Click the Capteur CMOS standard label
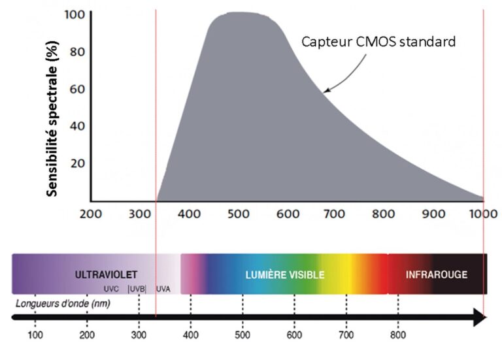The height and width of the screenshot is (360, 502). (x=378, y=41)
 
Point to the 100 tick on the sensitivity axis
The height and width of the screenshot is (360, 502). (x=75, y=14)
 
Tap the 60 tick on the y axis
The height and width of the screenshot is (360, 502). (x=77, y=89)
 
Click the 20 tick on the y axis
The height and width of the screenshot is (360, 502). (x=77, y=163)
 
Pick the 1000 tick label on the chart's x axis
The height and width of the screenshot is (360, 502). (x=483, y=213)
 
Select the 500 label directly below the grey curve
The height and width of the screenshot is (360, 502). (x=239, y=213)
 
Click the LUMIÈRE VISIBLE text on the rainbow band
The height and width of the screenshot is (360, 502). (x=284, y=274)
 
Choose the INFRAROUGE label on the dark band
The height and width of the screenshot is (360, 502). (x=436, y=274)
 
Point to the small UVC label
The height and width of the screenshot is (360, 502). (x=111, y=288)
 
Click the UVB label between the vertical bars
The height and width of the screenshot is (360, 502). (x=137, y=288)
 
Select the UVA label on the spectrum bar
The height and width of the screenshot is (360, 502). (x=163, y=288)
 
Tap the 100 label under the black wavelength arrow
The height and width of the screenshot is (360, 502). (x=35, y=335)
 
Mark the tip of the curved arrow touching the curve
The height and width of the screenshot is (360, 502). (x=326, y=91)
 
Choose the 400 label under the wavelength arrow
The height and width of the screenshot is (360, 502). (x=190, y=335)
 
